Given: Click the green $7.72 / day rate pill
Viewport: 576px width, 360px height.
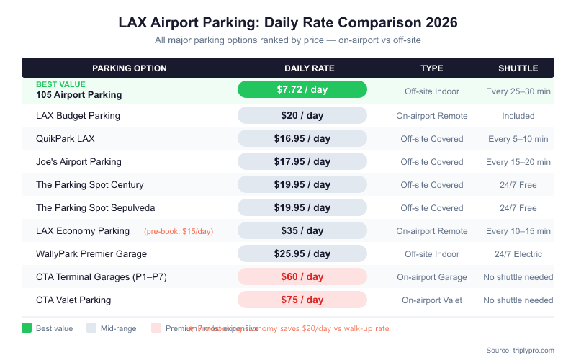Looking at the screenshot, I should [x=302, y=89].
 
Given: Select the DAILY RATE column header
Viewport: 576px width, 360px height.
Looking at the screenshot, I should [x=309, y=68].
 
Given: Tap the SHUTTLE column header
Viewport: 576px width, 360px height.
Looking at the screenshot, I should [x=518, y=68].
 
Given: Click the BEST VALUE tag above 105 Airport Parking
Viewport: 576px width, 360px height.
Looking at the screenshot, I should [x=60, y=84].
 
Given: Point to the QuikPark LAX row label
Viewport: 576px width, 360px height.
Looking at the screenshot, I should [x=65, y=139].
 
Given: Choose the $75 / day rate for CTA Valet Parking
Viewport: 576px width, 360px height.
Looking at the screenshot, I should [x=302, y=300].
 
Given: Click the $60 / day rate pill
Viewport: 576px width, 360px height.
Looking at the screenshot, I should [x=302, y=276].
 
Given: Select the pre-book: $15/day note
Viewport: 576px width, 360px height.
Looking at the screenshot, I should [x=179, y=231].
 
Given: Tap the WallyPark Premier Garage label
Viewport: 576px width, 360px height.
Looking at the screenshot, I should [x=91, y=254].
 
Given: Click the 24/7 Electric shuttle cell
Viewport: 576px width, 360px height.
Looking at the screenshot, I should [x=518, y=254].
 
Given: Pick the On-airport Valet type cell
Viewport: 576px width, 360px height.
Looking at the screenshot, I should [x=432, y=300].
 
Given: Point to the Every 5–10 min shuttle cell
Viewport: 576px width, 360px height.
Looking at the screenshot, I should [x=518, y=139].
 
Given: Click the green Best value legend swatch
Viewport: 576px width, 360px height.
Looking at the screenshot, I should [x=27, y=328].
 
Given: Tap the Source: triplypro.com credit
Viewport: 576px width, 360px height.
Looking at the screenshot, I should [x=520, y=350].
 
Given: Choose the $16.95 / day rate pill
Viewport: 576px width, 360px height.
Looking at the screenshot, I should [x=302, y=138].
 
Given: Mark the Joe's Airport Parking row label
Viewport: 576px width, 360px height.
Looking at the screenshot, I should [x=78, y=162].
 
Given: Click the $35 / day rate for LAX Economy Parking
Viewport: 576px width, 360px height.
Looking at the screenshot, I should [x=302, y=230].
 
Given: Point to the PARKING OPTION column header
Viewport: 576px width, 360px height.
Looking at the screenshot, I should [x=130, y=68].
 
